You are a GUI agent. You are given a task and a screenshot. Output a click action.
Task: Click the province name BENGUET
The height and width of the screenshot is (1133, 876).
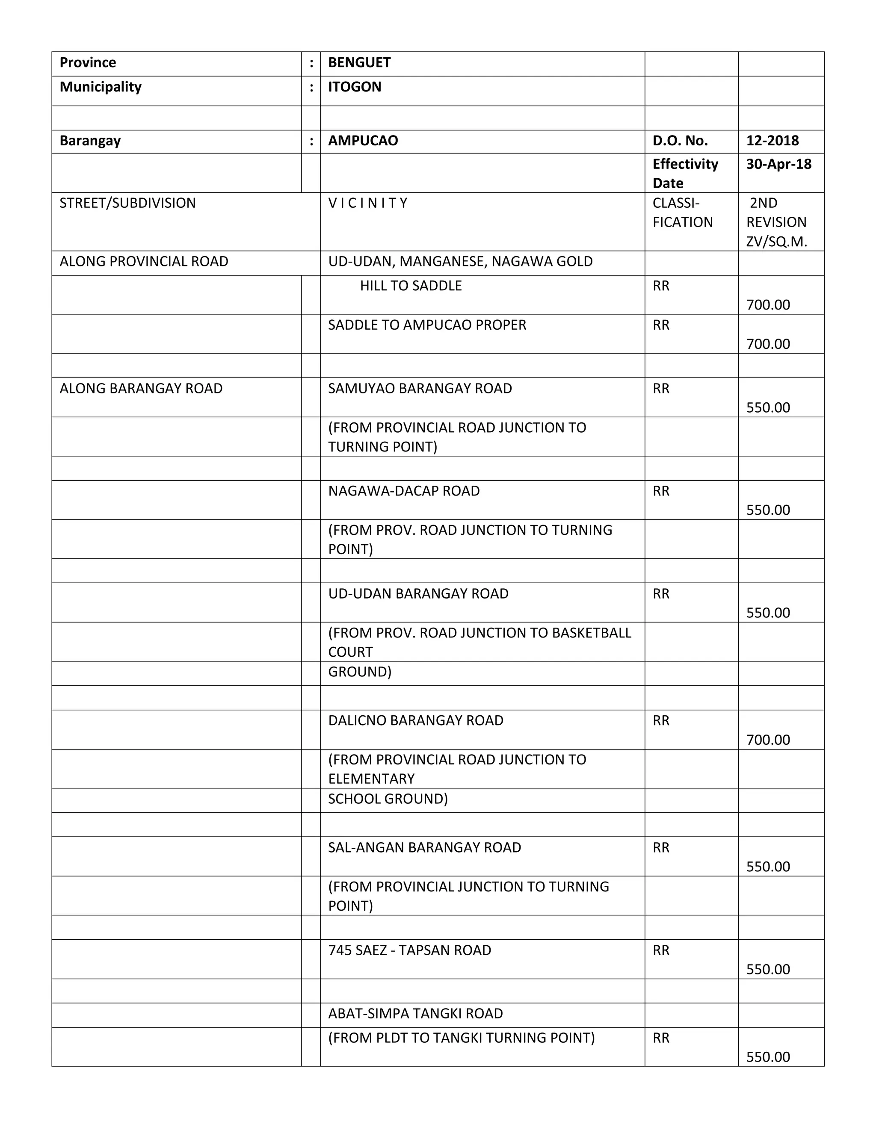click(x=359, y=63)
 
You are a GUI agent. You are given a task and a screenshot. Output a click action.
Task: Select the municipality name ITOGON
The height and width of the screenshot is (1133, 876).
click(x=355, y=87)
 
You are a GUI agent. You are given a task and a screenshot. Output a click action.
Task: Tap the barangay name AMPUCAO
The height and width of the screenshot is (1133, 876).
click(x=363, y=141)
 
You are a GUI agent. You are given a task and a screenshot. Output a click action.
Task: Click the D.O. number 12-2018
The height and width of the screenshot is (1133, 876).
click(x=772, y=141)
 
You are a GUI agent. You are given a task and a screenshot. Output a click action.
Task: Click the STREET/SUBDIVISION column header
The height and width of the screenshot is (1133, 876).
click(x=127, y=203)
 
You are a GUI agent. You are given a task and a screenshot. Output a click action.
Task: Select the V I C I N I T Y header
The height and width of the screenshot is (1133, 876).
click(x=367, y=203)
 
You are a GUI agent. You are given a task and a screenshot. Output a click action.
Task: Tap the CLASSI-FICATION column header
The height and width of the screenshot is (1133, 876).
click(x=682, y=212)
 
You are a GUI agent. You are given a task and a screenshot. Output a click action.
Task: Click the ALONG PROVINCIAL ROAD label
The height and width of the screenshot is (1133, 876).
click(x=144, y=262)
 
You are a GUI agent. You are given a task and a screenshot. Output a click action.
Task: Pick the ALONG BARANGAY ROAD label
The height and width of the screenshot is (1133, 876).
click(x=141, y=389)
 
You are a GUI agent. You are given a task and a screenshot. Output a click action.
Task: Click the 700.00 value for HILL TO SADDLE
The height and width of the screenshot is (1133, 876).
click(x=768, y=304)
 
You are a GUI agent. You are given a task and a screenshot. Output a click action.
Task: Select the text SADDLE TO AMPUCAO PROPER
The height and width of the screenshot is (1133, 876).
click(x=427, y=325)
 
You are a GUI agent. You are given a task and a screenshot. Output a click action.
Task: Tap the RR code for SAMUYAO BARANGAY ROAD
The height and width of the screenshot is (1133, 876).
click(x=660, y=389)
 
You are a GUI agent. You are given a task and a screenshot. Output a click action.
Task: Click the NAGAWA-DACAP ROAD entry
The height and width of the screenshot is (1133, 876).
click(x=404, y=491)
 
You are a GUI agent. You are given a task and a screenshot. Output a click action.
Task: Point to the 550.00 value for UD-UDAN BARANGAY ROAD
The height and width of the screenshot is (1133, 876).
click(x=768, y=613)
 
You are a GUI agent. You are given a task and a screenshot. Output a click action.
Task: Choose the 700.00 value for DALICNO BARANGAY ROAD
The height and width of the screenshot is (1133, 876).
click(x=768, y=739)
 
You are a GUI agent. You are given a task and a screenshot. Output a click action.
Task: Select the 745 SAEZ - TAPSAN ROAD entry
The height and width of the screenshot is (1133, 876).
click(x=409, y=950)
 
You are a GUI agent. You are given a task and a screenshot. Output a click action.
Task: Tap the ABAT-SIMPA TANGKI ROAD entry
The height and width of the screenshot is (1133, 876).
click(x=415, y=1013)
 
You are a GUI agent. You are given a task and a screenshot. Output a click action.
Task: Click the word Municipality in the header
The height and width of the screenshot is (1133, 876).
click(x=101, y=87)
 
